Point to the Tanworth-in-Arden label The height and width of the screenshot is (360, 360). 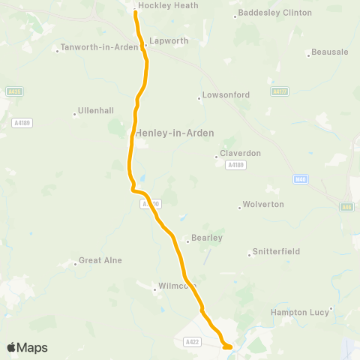pyautogui.click(x=100, y=47)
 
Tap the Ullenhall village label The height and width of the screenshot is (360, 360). pyautogui.click(x=96, y=110)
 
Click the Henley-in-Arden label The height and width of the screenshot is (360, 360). pyautogui.click(x=175, y=133)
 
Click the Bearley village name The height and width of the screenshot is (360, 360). pyautogui.click(x=207, y=238)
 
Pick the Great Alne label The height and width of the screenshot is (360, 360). pyautogui.click(x=100, y=261)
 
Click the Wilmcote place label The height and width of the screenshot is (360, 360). pyautogui.click(x=177, y=286)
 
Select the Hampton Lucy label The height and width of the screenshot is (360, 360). pyautogui.click(x=301, y=312)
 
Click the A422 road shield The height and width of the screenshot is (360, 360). pyautogui.click(x=193, y=342)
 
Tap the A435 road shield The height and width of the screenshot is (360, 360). pyautogui.click(x=13, y=91)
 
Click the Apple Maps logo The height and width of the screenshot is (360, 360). pyautogui.click(x=27, y=347)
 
